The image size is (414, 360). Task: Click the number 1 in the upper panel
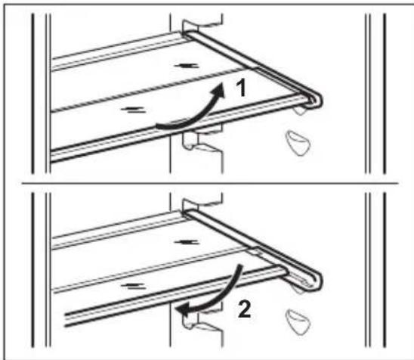coord(241,88)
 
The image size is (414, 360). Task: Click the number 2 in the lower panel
coord(244,309)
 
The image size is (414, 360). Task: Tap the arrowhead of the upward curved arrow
coord(218,89)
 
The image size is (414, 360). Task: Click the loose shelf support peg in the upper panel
coord(298,143)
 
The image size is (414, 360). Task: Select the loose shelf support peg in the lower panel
coord(298,321)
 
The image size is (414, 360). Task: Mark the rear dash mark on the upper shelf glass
coord(186,65)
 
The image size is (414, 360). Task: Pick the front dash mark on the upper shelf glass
coord(133,110)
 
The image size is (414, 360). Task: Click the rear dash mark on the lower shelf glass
coord(186,242)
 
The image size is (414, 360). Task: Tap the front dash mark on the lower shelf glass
coord(133,286)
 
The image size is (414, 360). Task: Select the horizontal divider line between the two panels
coord(210,183)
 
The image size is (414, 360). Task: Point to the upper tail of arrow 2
coord(238,272)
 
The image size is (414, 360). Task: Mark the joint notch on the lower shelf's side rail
coord(255,250)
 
